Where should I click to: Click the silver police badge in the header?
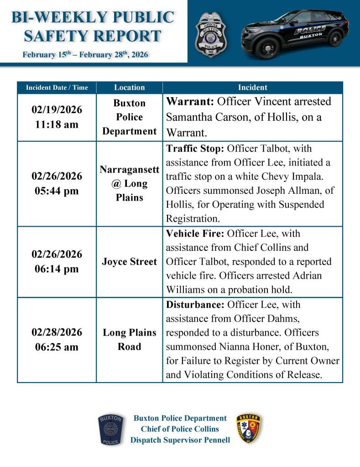tap(211, 35)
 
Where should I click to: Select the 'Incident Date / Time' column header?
tap(57, 88)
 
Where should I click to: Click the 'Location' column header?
tap(130, 88)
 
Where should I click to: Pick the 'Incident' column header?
tap(252, 88)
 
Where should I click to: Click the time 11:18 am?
tap(57, 125)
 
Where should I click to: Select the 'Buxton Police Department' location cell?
tap(130, 117)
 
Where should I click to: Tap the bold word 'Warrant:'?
tap(190, 102)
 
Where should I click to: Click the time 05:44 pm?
tap(57, 191)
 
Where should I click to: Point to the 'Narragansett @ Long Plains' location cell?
tap(130, 183)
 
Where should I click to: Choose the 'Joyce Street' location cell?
tap(130, 262)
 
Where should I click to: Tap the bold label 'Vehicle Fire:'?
tap(195, 233)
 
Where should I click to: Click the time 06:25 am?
tap(57, 347)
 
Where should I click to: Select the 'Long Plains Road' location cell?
tap(130, 340)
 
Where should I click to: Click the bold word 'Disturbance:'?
tap(195, 304)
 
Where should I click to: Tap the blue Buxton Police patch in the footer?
tap(110, 430)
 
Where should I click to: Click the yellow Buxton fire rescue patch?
tap(249, 430)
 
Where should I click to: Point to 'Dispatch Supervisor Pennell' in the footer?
tap(180, 440)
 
